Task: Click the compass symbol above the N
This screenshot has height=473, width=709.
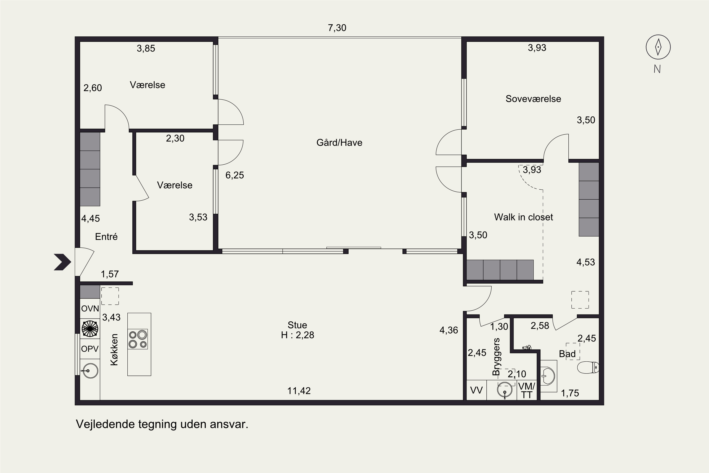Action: (658, 47)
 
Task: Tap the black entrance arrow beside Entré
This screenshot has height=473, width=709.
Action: (62, 262)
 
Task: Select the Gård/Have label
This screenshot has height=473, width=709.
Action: (339, 142)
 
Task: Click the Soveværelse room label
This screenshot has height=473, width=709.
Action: (533, 99)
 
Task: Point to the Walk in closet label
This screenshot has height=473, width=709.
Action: (524, 217)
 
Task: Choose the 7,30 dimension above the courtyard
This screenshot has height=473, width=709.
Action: (337, 28)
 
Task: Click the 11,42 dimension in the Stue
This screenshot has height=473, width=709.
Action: (299, 391)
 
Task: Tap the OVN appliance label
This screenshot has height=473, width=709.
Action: (90, 309)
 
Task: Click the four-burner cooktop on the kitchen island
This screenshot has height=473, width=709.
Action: (138, 339)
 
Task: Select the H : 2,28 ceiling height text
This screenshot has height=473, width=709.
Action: (298, 335)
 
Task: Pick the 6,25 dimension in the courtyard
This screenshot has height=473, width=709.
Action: (234, 175)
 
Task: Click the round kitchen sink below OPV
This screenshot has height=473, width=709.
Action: (90, 370)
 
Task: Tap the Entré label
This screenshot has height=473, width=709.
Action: (106, 236)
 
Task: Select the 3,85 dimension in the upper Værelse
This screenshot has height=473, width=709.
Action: (146, 48)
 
